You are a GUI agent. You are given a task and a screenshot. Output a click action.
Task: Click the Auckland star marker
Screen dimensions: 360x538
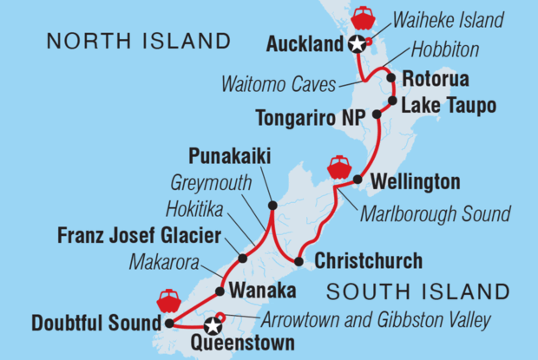tap(356, 46)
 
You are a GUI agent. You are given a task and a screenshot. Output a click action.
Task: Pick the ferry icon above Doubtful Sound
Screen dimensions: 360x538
tap(167, 301)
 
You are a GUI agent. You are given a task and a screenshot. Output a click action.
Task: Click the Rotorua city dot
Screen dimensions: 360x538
tap(391, 79)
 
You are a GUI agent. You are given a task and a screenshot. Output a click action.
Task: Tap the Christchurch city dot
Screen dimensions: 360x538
tap(299, 261)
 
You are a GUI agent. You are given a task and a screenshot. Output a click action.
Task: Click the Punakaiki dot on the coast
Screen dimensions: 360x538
tap(272, 206)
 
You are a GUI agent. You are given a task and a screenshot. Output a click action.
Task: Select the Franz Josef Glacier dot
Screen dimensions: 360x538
tap(242, 258)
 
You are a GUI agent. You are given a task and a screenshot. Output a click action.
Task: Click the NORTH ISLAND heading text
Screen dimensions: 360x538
tap(139, 41)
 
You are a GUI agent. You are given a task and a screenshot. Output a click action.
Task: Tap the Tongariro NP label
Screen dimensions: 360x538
tap(309, 116)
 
